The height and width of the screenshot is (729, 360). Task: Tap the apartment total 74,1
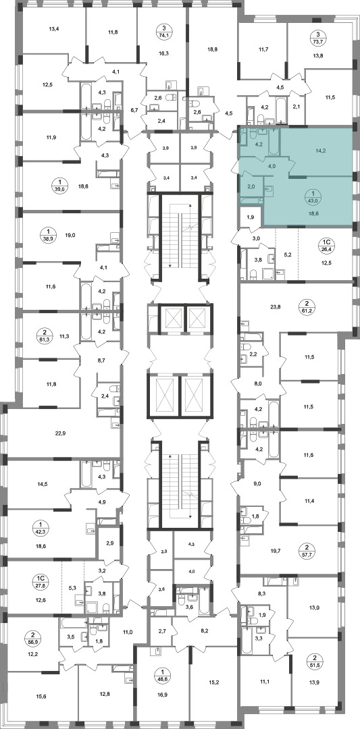tap(163, 34)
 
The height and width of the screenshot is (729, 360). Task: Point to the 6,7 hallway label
tap(134, 110)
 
